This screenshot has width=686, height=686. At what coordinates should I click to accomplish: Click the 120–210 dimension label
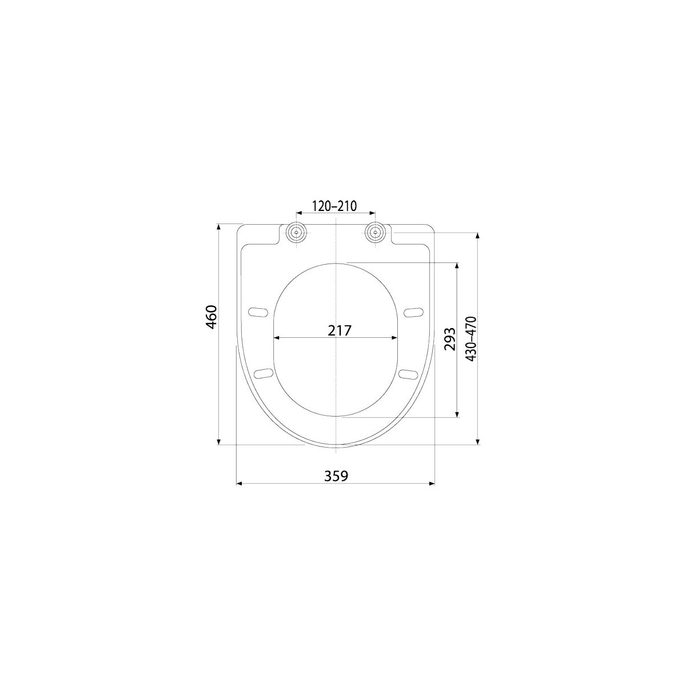pyautogui.click(x=334, y=206)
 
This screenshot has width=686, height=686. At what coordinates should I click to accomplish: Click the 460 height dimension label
pyautogui.click(x=212, y=317)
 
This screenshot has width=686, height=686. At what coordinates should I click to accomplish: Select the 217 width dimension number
pyautogui.click(x=340, y=331)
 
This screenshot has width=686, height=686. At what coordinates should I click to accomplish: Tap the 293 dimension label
pyautogui.click(x=450, y=339)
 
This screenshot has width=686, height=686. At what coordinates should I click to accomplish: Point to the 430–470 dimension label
pyautogui.click(x=471, y=338)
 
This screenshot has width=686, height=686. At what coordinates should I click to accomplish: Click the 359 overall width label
pyautogui.click(x=336, y=476)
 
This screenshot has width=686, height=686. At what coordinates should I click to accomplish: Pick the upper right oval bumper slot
pyautogui.click(x=413, y=312)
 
